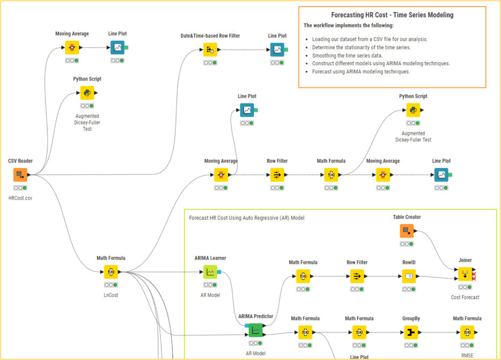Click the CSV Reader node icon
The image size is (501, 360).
pos(20,174)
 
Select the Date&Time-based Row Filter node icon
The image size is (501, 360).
pos(210,49)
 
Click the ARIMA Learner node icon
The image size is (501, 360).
pos(210,271)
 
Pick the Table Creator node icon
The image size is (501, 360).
pos(407,231)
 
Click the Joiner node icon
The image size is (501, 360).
pos(465,274)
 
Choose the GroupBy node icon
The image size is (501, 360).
pos(411,332)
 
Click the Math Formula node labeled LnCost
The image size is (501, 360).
pos(111,271)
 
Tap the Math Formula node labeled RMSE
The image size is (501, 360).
pos(467,332)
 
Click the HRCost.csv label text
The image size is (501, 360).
pos(20,198)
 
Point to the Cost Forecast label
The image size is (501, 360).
pos(465,297)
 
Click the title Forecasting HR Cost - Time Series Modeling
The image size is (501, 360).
pos(392,15)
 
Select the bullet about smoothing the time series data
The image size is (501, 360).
pos(347,55)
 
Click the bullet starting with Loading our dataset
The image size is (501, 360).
pos(370,39)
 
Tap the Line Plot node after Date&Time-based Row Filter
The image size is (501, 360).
pos(277,49)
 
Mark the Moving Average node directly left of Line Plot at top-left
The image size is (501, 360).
pos(72,47)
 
